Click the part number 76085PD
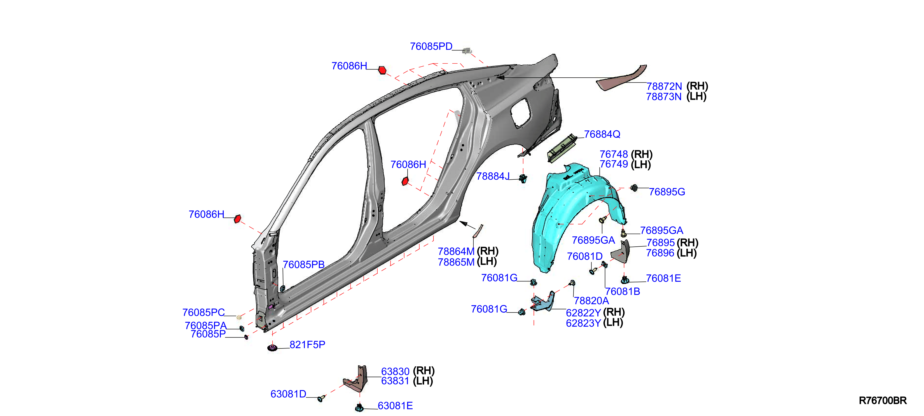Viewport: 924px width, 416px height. click(x=431, y=46)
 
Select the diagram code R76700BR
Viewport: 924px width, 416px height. click(x=883, y=400)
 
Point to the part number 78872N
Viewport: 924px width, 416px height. click(x=664, y=86)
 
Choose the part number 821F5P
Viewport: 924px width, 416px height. click(x=307, y=345)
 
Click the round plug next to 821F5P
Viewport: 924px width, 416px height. click(x=273, y=347)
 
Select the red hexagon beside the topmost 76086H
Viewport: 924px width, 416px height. click(x=382, y=70)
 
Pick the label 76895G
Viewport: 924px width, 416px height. click(x=667, y=192)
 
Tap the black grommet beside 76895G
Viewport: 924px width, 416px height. click(x=634, y=188)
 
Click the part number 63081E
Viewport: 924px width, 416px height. click(x=395, y=406)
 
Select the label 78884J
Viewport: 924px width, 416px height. click(x=493, y=176)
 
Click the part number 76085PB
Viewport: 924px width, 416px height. click(x=303, y=264)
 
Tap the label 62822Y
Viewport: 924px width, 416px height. click(x=583, y=313)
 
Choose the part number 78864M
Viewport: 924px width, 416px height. click(x=456, y=251)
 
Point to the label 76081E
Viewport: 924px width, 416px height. click(x=663, y=278)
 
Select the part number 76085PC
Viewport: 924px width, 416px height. click(x=203, y=312)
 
